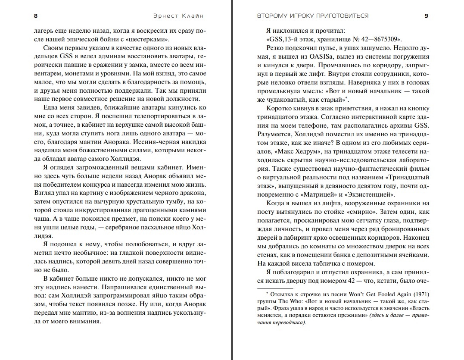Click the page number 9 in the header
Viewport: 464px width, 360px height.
pyautogui.click(x=426, y=16)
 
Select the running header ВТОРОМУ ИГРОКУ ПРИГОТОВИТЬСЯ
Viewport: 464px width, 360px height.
pyautogui.click(x=306, y=16)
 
